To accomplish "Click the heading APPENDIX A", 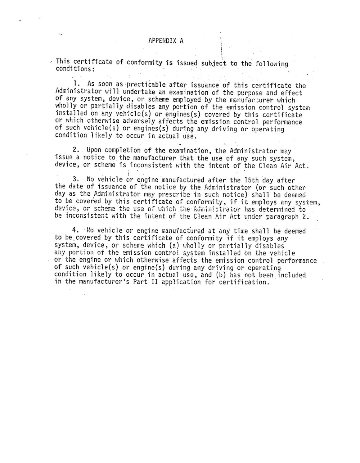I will pos(166,41).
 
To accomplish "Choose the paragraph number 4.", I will pos(75,230).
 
